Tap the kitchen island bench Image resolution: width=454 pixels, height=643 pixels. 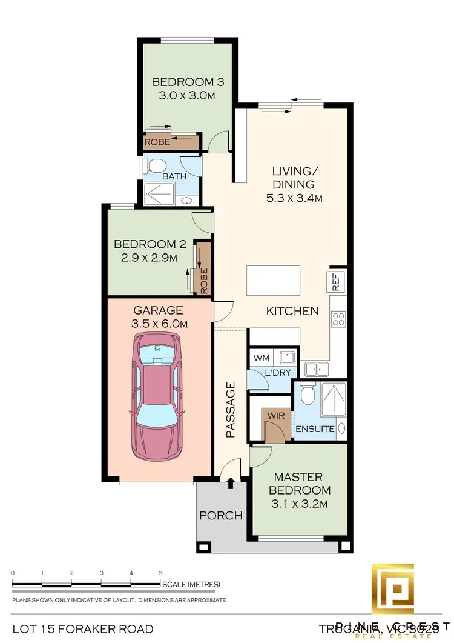click(272, 279)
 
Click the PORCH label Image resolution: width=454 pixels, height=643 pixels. click(221, 516)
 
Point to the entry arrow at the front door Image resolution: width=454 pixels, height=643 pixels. click(230, 483)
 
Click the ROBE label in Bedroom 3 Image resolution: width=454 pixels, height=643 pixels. click(157, 143)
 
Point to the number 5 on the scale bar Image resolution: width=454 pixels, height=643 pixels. click(160, 573)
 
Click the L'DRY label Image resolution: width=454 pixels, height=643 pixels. click(277, 373)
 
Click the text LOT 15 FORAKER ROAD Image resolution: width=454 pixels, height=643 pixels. click(82, 629)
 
